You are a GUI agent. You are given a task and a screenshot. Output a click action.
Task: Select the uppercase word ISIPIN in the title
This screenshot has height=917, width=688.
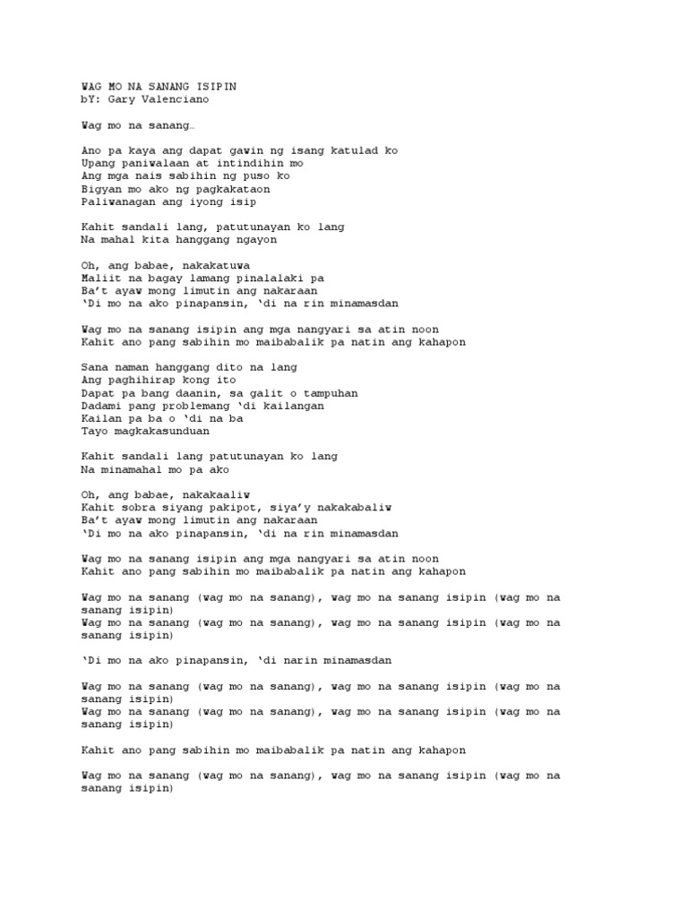coord(218,86)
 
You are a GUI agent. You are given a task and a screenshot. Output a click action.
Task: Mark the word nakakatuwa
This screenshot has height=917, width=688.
coord(215,266)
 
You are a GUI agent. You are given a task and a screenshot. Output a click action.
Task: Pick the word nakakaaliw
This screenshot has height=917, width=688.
coord(215,494)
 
